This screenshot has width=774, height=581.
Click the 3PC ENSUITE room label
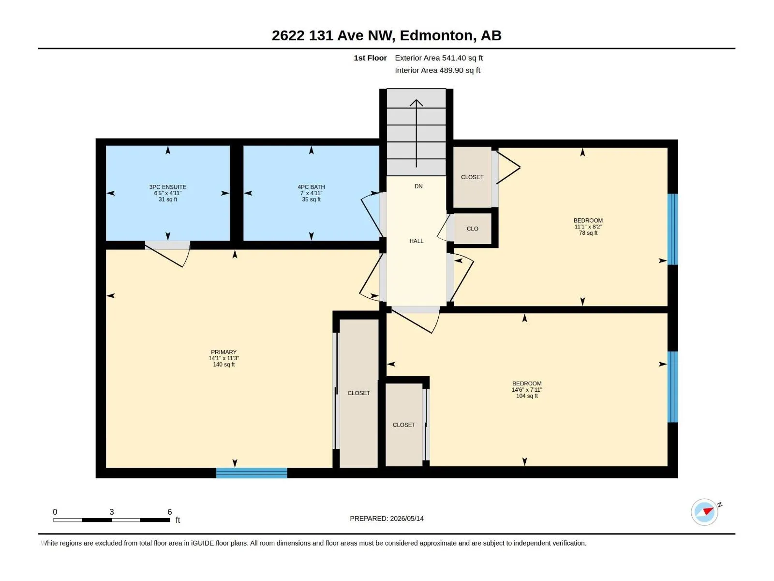(x=167, y=187)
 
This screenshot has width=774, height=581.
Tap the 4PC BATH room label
(x=311, y=187)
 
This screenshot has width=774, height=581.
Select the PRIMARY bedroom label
(x=223, y=352)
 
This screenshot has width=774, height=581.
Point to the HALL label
(x=416, y=241)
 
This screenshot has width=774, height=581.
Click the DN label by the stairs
(x=418, y=186)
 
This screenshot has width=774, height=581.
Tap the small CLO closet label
(x=472, y=229)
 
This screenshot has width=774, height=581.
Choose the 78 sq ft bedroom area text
(x=588, y=233)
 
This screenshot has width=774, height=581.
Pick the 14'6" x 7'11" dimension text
(x=527, y=389)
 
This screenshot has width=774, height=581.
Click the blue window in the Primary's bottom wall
(x=252, y=473)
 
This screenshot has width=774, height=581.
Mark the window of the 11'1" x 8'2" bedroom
(x=672, y=229)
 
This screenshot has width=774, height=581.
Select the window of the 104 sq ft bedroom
(x=672, y=387)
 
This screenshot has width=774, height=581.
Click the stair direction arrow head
(x=416, y=103)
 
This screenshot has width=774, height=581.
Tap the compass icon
(x=704, y=512)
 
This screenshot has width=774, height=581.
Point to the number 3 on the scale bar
(x=111, y=512)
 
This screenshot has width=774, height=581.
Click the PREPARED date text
(x=387, y=519)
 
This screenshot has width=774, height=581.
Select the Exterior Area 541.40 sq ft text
(x=439, y=58)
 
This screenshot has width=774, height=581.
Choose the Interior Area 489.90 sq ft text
(x=437, y=70)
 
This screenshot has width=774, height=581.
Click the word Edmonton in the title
(x=436, y=35)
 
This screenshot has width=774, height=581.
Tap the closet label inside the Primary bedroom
(x=358, y=393)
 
